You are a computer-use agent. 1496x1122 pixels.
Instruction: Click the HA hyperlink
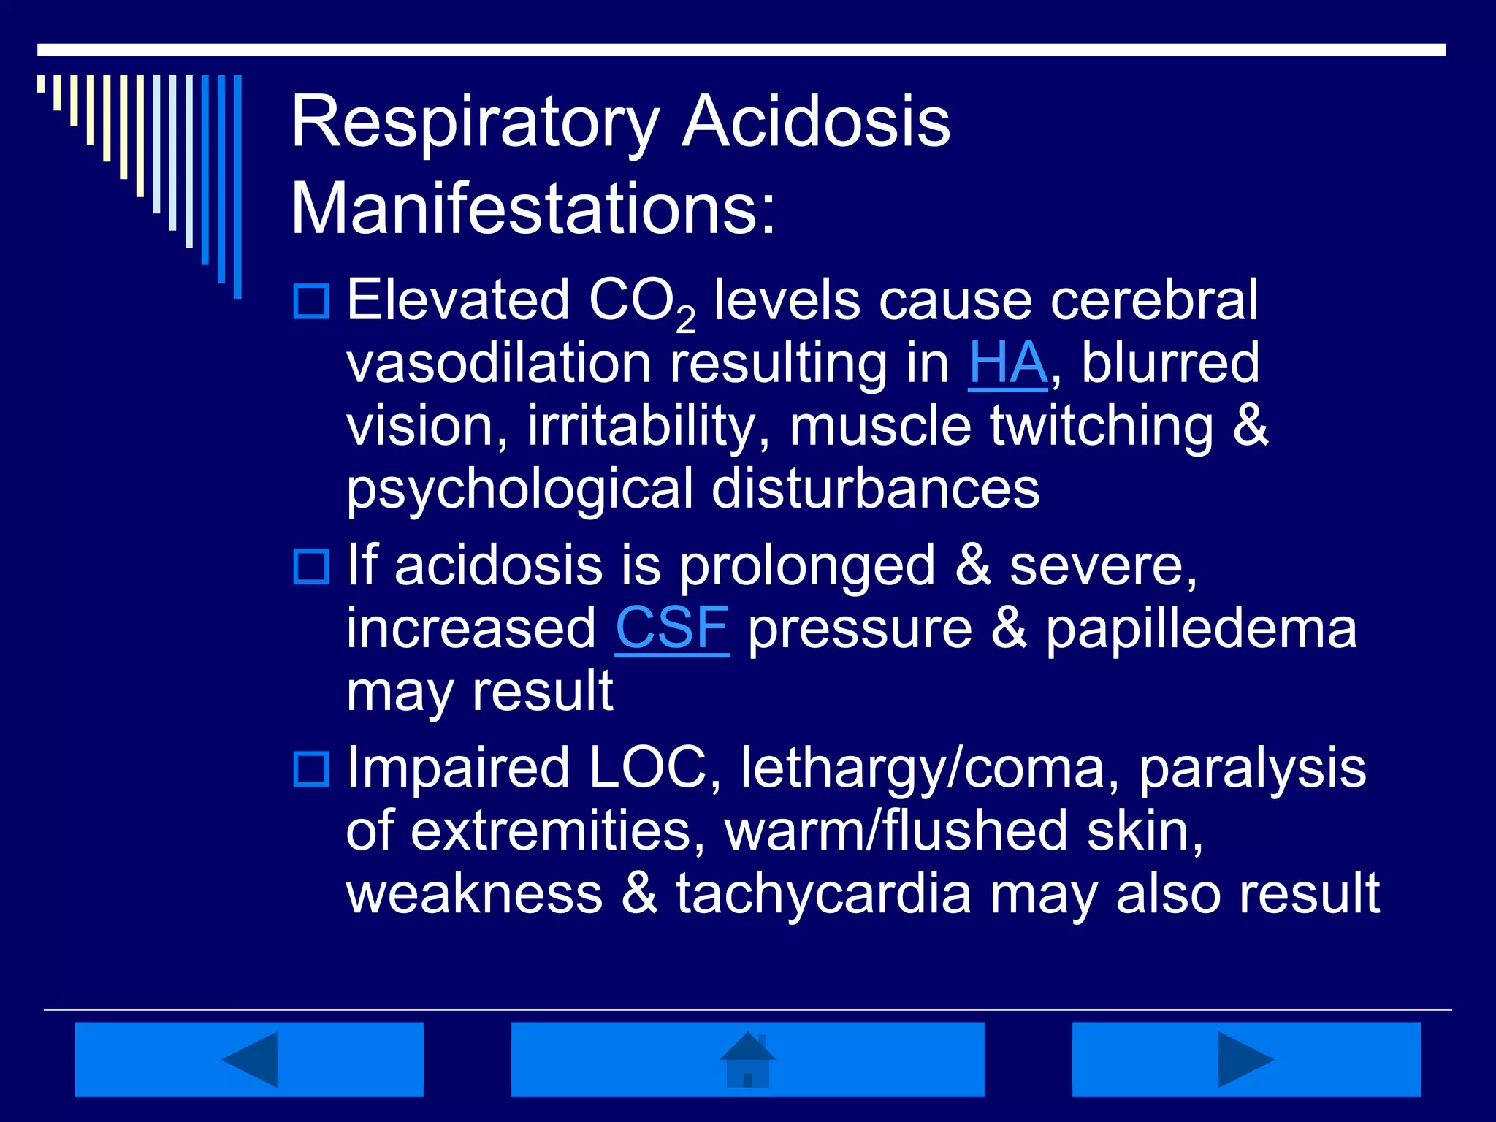pyautogui.click(x=1007, y=363)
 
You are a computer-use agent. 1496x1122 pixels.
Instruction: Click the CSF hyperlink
pyautogui.click(x=672, y=628)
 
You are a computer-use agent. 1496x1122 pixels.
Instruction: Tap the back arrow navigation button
pyautogui.click(x=249, y=1059)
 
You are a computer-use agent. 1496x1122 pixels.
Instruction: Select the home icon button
pyautogui.click(x=747, y=1059)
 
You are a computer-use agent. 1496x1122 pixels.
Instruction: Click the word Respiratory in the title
pyautogui.click(x=475, y=123)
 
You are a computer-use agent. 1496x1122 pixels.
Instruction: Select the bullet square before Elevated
pyautogui.click(x=312, y=301)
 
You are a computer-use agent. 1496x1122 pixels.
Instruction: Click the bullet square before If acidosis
pyautogui.click(x=312, y=566)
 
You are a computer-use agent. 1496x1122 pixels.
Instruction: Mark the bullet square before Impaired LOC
pyautogui.click(x=312, y=768)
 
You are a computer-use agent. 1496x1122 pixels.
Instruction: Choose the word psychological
pyautogui.click(x=519, y=489)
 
